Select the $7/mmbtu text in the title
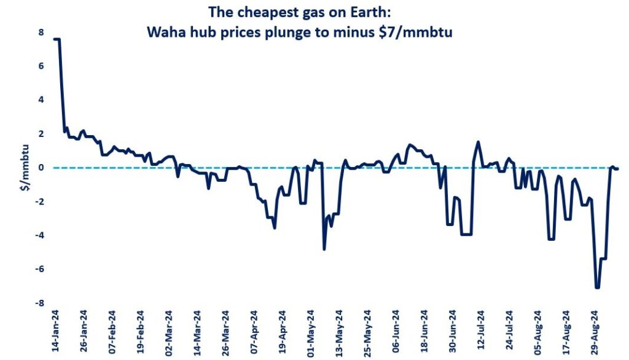click(423, 33)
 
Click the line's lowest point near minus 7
click(597, 288)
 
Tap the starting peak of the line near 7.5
click(57, 39)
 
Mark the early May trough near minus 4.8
click(324, 249)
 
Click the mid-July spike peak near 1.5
click(478, 142)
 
